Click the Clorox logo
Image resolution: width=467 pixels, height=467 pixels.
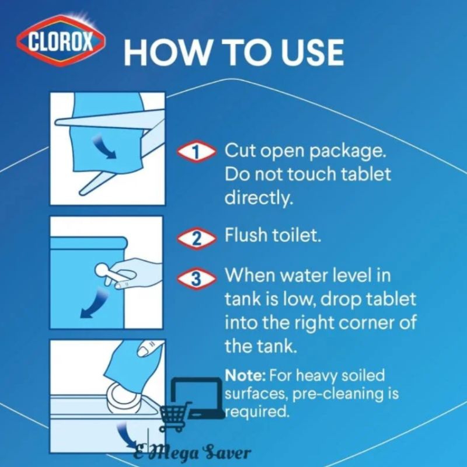coord(61,41)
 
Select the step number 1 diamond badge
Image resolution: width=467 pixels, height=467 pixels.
coord(196,152)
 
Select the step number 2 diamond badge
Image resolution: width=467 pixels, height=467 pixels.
coord(196,238)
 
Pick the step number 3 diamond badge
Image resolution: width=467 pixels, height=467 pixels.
coord(196,278)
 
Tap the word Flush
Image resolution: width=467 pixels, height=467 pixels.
coord(246,235)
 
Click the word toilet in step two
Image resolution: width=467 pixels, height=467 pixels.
coord(297,235)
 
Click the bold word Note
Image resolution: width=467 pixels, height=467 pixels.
coord(245,375)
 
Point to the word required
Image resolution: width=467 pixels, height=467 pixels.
coord(256,413)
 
